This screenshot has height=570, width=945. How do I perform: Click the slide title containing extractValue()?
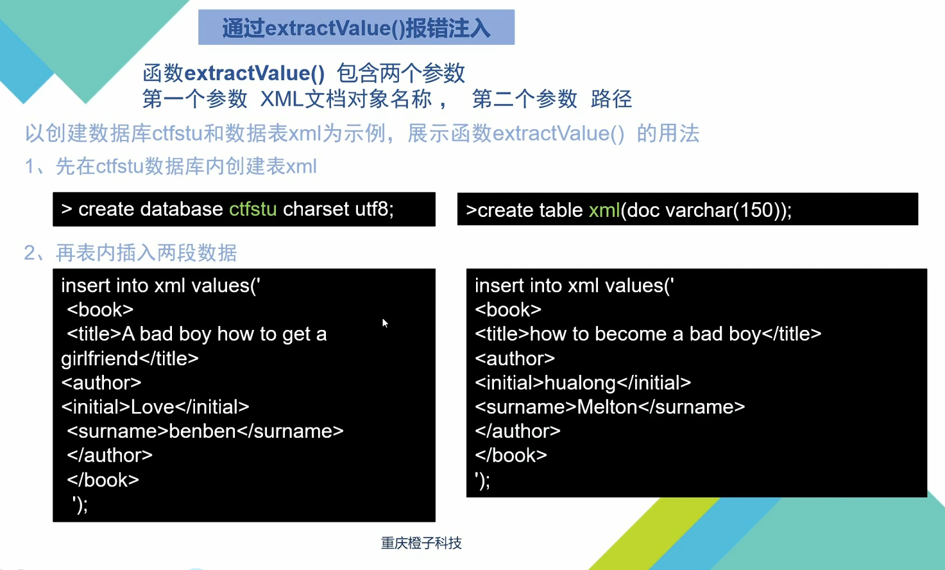356,28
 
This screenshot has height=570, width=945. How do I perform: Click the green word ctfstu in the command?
253,209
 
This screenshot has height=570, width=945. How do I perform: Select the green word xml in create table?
604,210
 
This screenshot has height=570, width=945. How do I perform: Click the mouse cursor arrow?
385,323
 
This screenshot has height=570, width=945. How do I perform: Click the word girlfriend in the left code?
99,359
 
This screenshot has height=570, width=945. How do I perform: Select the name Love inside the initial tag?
152,406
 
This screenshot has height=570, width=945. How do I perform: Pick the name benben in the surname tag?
202,431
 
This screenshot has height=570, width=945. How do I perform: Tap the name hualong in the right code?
580,383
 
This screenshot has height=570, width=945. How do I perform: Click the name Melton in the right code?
607,407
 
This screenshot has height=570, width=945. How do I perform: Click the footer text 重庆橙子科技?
421,543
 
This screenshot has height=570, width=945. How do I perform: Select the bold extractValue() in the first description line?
255,73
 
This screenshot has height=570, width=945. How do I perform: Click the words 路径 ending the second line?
611,99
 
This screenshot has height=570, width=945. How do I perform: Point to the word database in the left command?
182,209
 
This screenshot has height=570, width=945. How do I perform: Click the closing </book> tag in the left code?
103,480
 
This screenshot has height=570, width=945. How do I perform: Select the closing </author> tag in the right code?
518,431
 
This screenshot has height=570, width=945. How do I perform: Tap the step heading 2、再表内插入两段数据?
130,253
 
